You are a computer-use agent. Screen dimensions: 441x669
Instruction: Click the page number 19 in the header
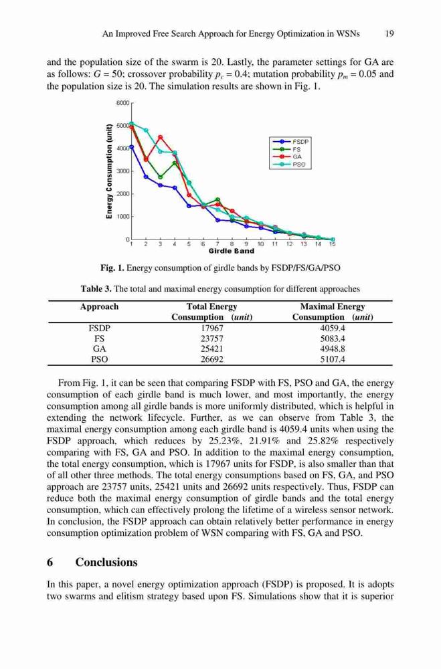click(389, 33)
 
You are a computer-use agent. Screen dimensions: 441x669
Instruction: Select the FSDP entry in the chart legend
click(290, 142)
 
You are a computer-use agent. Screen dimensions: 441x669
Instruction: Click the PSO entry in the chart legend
click(290, 165)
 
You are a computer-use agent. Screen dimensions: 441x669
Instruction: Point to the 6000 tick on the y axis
click(122, 103)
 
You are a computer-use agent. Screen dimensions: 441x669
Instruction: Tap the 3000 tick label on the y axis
click(123, 171)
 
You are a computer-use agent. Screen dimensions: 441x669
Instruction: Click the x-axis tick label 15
click(333, 244)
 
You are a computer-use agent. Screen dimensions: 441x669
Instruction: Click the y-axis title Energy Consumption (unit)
click(109, 171)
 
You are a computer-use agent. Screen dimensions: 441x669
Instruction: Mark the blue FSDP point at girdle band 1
click(132, 147)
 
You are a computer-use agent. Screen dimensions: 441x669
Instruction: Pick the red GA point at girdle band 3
click(160, 137)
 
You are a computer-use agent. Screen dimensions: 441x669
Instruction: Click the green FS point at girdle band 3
click(160, 177)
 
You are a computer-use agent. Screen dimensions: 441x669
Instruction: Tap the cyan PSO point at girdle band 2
click(146, 130)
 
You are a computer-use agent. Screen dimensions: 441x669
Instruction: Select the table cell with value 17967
click(211, 328)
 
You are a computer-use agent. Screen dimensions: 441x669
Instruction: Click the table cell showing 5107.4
click(333, 359)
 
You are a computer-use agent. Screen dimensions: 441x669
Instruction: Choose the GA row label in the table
click(100, 349)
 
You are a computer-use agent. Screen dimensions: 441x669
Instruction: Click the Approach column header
click(99, 307)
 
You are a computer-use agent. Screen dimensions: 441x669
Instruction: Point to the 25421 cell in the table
click(211, 349)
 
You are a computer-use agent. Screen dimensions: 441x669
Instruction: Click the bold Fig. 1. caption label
click(112, 268)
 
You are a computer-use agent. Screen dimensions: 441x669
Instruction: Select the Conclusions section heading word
click(106, 563)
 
